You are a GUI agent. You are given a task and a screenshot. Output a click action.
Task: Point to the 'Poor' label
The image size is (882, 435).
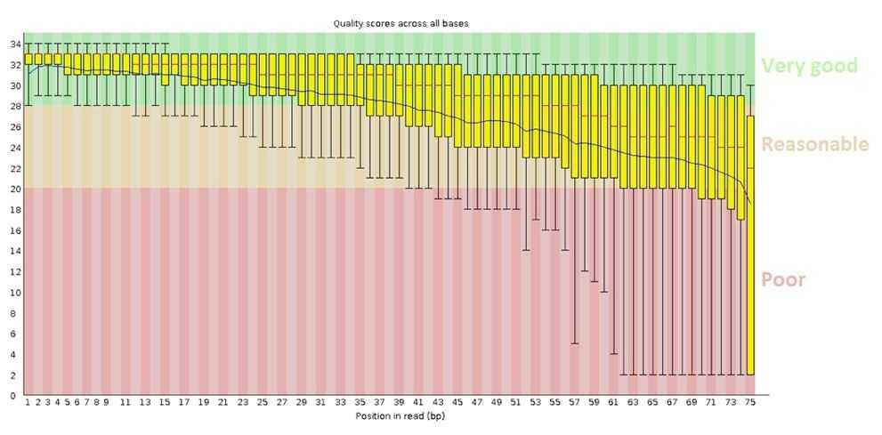point(783,279)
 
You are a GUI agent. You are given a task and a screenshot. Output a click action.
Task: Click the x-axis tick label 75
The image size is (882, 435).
point(750,403)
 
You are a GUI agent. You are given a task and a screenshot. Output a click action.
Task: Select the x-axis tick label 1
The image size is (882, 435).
point(28,403)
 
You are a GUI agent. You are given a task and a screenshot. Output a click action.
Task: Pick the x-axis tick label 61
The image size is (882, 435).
point(613,403)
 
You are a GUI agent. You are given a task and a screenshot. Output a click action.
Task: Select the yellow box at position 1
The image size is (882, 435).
point(28,59)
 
